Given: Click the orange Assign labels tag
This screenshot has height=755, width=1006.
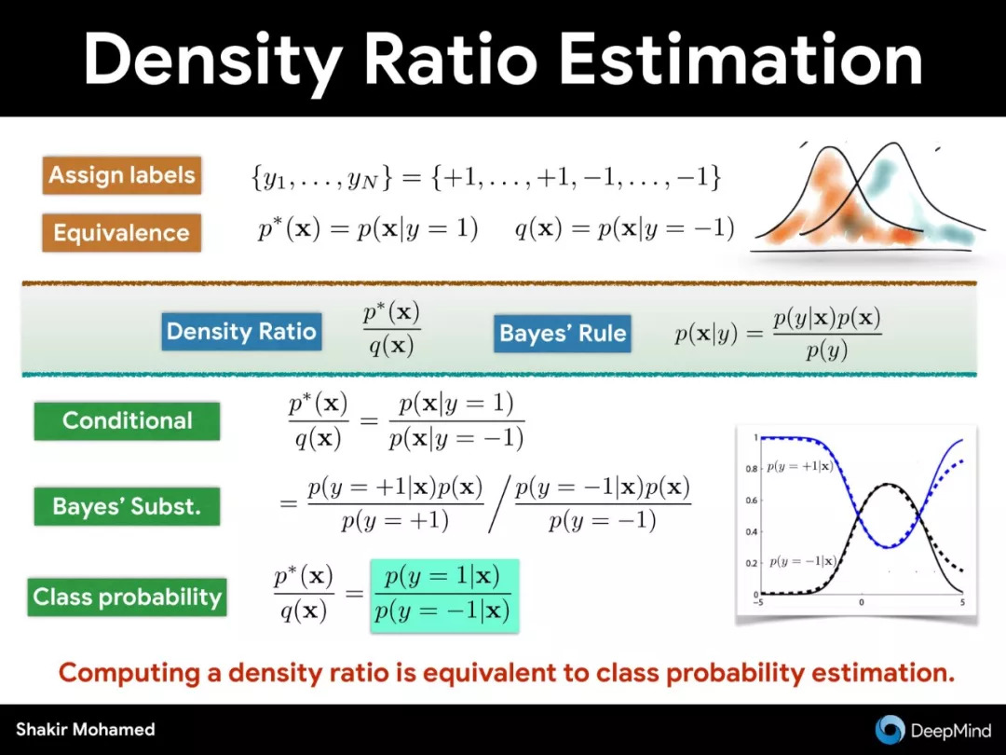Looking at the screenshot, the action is (x=122, y=175).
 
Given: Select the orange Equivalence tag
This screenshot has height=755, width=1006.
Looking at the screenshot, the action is (x=122, y=232).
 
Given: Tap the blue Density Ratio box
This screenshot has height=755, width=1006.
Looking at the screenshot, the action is (x=241, y=331).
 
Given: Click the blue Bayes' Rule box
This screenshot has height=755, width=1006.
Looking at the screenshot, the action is (x=562, y=333).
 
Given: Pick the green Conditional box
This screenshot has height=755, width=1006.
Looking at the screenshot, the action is (x=127, y=420).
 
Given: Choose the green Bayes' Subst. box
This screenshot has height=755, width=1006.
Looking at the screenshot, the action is (x=127, y=506).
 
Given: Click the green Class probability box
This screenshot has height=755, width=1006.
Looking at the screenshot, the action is (x=127, y=597).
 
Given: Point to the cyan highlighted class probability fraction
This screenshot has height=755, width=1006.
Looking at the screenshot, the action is (x=444, y=596).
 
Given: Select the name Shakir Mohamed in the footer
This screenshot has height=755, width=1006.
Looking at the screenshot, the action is (x=86, y=730).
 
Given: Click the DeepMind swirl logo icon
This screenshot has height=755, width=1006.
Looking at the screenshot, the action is (x=890, y=730).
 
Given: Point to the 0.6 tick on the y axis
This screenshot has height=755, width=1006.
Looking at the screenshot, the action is (x=752, y=501).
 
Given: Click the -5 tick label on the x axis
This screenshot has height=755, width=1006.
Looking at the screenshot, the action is (x=758, y=602).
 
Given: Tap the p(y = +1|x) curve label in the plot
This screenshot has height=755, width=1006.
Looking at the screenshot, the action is (x=799, y=466).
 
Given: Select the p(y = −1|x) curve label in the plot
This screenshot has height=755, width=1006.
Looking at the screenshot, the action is (x=803, y=561).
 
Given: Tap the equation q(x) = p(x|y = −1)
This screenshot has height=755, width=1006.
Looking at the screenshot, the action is (x=624, y=229).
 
